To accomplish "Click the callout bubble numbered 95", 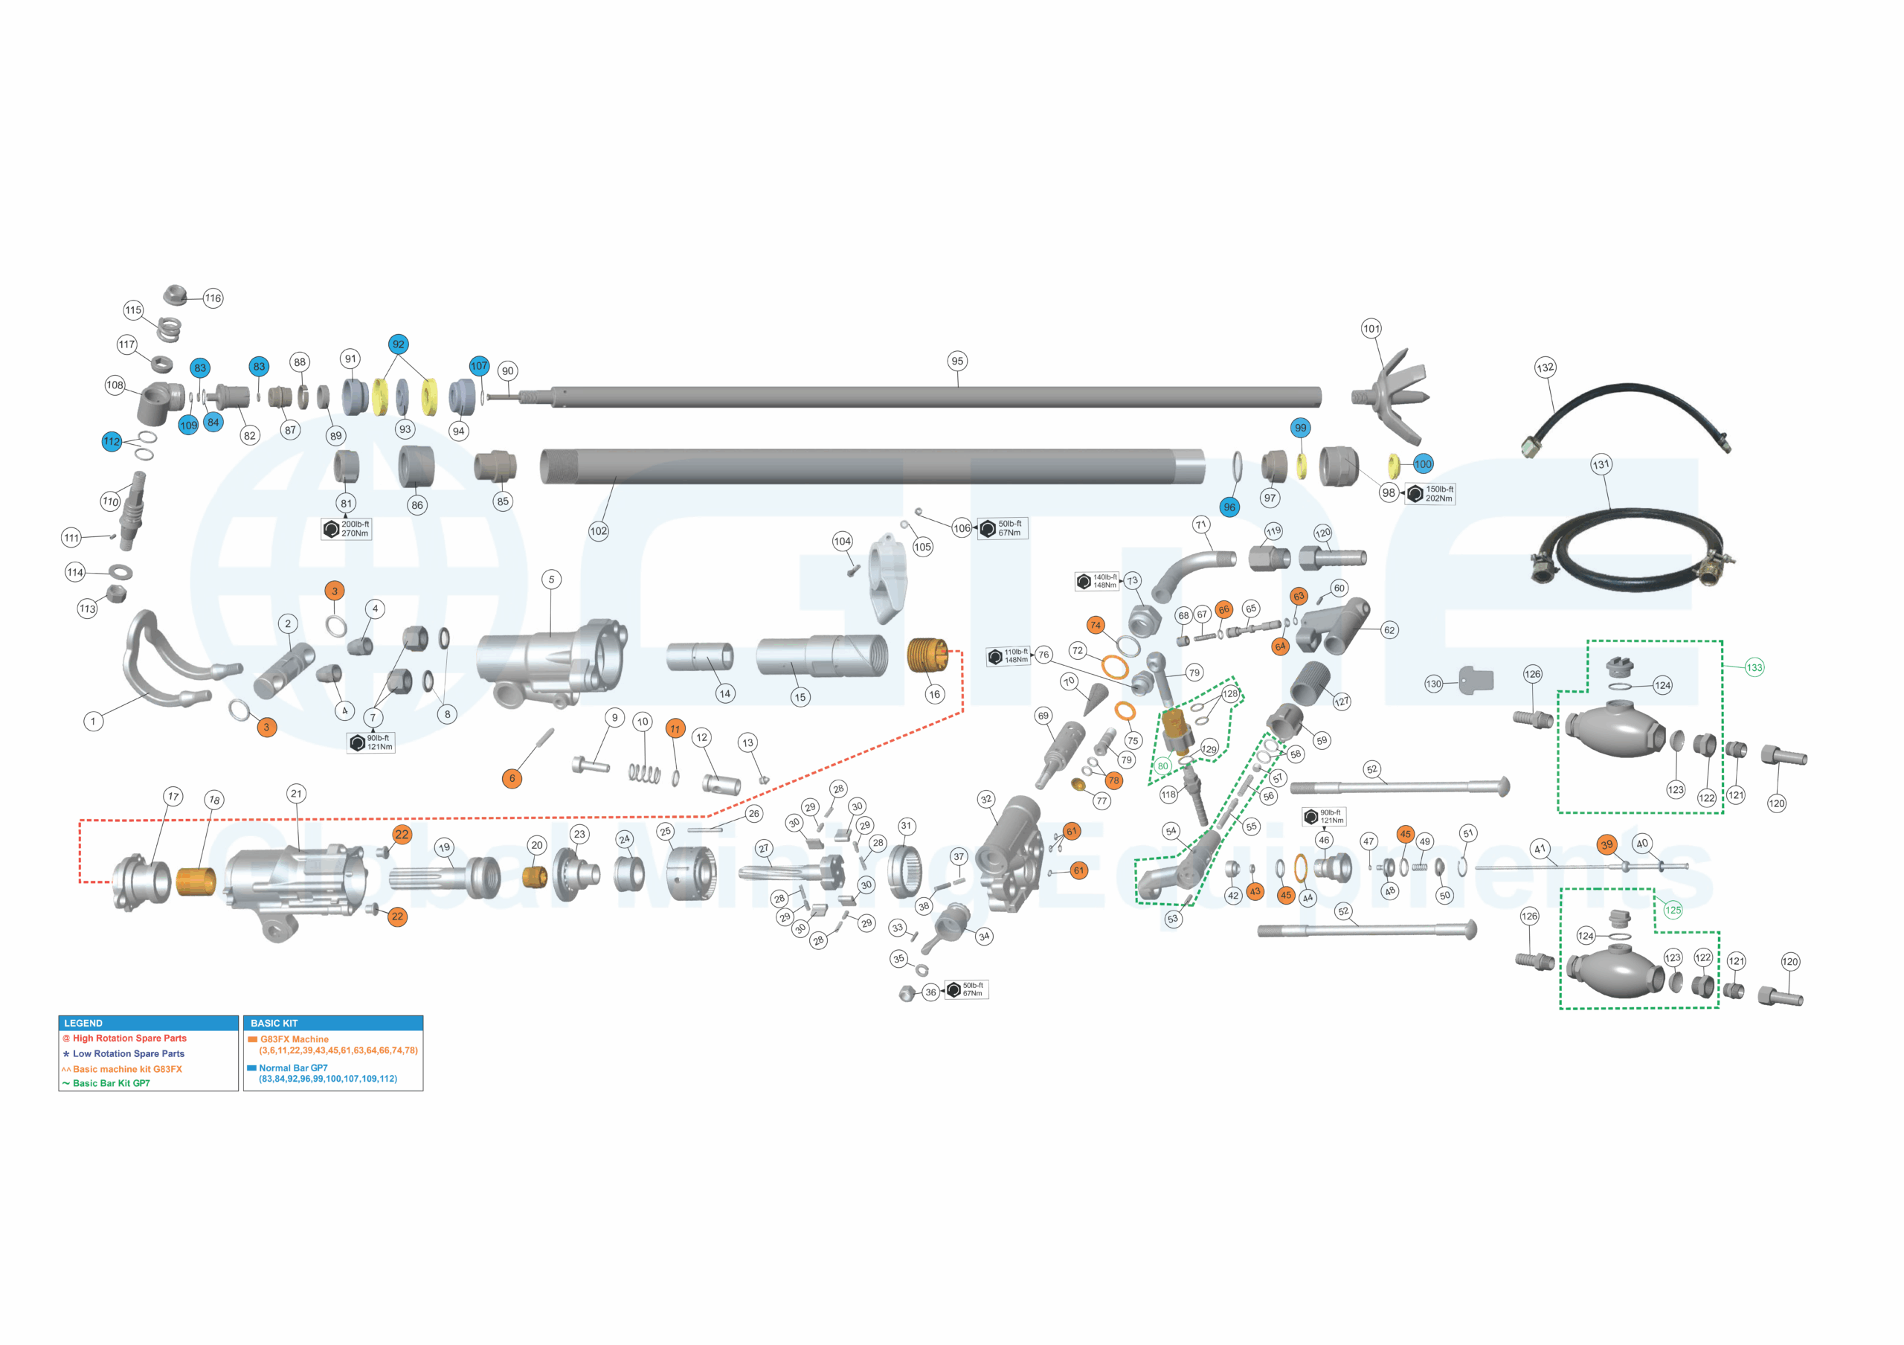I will (957, 361).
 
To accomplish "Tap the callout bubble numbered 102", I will (598, 530).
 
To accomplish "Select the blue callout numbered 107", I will (479, 366).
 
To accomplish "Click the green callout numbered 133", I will (1754, 667).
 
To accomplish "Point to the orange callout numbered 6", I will (512, 778).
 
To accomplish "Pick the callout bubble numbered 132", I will (1545, 367).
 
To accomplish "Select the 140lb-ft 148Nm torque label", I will (1096, 580).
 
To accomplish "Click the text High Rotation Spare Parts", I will (129, 1039).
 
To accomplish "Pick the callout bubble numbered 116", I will (213, 298).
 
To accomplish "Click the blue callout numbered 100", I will (1423, 464).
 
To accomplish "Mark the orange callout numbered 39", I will (1606, 844).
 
